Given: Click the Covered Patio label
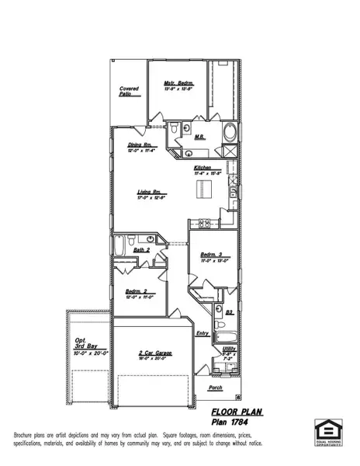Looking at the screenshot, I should coord(129,92).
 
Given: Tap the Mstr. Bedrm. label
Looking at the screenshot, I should coord(177,83).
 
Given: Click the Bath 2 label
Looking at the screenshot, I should coord(141,250).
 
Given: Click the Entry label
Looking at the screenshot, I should coord(202,334).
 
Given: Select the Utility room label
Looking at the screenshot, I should coord(229,349).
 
